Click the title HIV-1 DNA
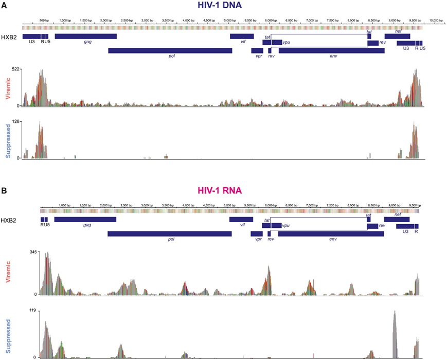click(x=223, y=6)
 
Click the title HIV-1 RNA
click(x=223, y=191)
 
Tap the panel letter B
click(x=5, y=190)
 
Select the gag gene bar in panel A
click(x=85, y=36)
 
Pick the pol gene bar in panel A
click(x=170, y=50)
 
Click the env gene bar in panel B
click(x=331, y=233)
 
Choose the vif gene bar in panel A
click(x=242, y=36)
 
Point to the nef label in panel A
click(x=398, y=31)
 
